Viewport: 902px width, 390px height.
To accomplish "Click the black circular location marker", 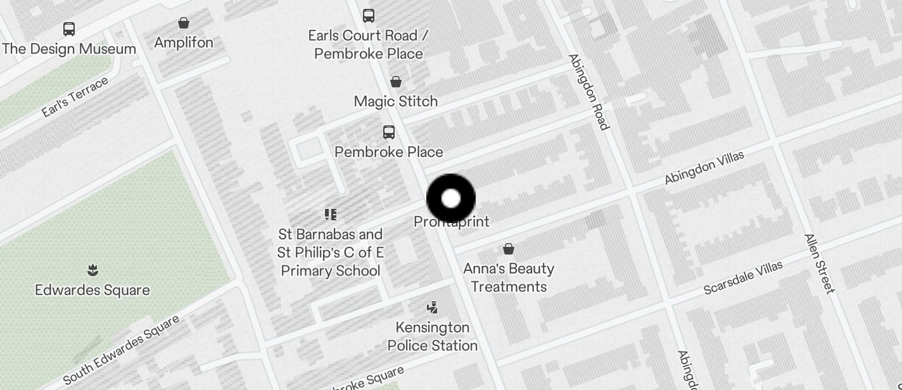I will pos(451,198).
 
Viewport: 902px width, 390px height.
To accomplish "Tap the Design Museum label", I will pos(69,49).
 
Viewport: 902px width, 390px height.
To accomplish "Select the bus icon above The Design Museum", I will pos(69,29).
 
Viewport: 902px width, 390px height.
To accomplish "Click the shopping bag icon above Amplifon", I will pos(184,23).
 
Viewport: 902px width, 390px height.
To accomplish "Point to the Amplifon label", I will pos(184,42).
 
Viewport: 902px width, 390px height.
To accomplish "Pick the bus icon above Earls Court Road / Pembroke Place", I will pos(368,15).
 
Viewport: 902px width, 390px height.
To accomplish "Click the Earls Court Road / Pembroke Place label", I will pos(368,44).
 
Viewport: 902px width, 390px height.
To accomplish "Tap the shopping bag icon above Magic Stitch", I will pos(396,82).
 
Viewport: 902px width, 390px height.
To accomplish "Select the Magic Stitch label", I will pos(396,101).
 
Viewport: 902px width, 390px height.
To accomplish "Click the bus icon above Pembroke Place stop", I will pos(389,132).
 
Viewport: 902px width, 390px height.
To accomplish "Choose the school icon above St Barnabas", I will pos(330,215).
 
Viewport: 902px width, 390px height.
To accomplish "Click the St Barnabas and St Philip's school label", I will pos(330,253).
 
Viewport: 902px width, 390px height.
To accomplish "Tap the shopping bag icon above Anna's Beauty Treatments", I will pos(509,249).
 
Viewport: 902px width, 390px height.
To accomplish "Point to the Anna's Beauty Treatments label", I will pos(509,277).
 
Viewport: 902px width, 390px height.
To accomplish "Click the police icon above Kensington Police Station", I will pos(433,308).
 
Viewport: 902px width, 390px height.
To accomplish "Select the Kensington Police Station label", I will pos(433,336).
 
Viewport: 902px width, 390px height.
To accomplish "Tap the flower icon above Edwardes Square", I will pos(92,271).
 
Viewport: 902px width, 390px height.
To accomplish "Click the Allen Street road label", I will pos(820,263).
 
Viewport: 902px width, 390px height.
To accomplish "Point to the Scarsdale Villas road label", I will pos(743,278).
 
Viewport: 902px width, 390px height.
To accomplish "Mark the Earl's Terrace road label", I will pos(75,97).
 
